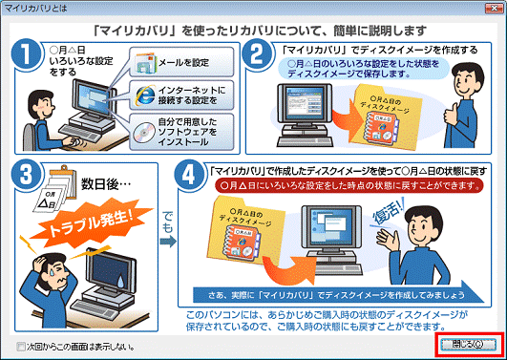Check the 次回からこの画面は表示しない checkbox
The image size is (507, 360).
[9, 346]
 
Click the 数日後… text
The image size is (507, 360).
[99, 180]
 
